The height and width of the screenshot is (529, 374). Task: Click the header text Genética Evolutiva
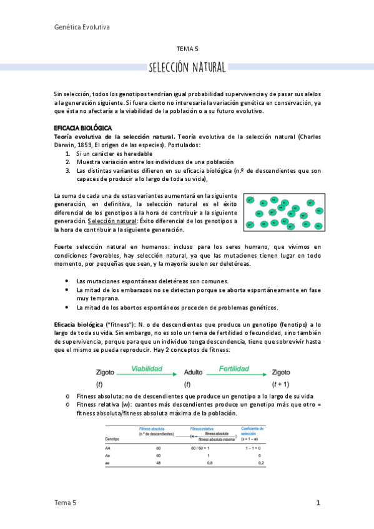pyautogui.click(x=82, y=27)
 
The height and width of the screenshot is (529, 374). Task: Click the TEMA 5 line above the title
pyautogui.click(x=187, y=48)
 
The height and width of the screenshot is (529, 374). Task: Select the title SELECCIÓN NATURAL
pyautogui.click(x=187, y=67)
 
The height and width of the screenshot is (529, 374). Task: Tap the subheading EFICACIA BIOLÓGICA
pyautogui.click(x=78, y=127)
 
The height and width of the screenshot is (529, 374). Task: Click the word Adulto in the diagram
pyautogui.click(x=193, y=372)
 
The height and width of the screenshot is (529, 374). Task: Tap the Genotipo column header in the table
pyautogui.click(x=112, y=439)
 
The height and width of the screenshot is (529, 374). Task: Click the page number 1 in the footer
pyautogui.click(x=318, y=503)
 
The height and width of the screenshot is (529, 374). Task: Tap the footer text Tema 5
pyautogui.click(x=66, y=503)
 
